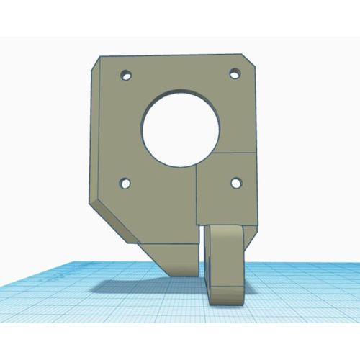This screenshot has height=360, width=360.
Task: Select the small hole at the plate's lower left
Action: (126, 184)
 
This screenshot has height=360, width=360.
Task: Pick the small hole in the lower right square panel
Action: (234, 181)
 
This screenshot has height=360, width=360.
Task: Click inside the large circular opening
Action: (180, 126)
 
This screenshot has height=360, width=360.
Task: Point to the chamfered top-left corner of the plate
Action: (99, 63)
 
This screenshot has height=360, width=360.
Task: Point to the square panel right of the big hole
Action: (227, 187)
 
